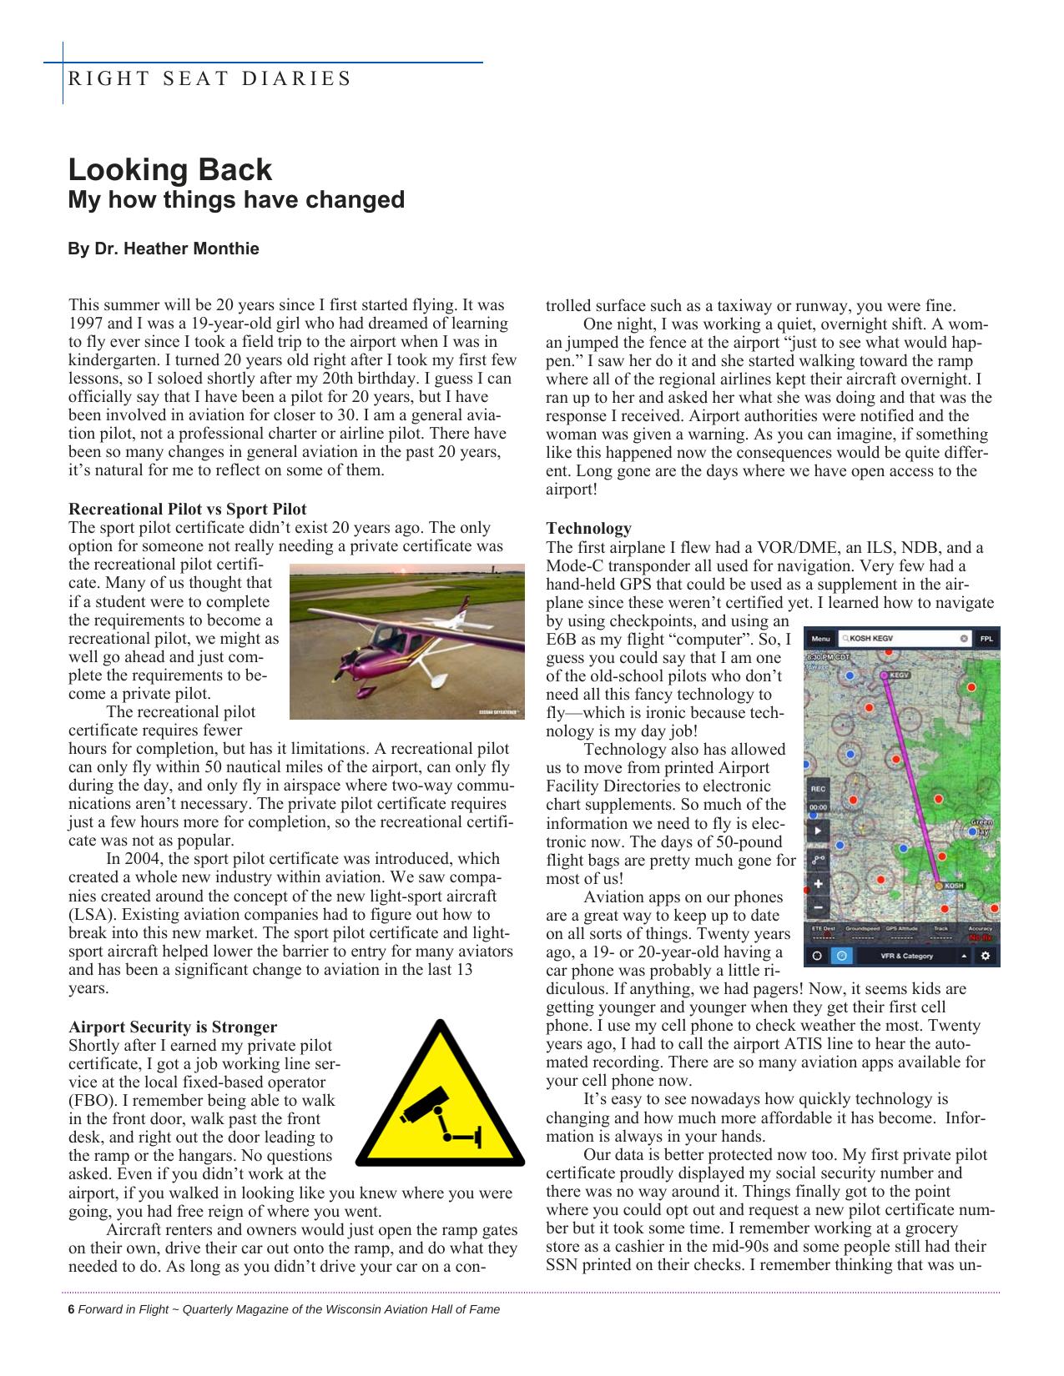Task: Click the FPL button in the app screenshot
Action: coord(986,639)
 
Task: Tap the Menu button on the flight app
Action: coord(820,639)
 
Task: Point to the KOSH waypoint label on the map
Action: coord(953,886)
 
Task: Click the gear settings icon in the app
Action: coord(986,956)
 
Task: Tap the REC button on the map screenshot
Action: coord(818,788)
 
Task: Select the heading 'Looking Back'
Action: coord(170,169)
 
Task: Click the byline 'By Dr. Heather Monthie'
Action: coord(164,249)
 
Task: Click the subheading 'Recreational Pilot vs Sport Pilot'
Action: coord(188,509)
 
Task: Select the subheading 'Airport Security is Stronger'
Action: coord(173,1027)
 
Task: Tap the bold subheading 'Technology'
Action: coord(588,528)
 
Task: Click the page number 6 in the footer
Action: coord(71,1309)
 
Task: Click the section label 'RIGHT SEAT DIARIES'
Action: coord(209,79)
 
